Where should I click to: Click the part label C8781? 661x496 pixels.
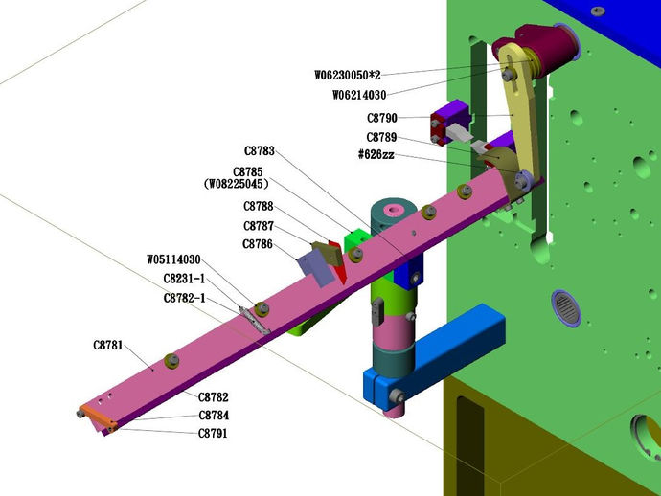[108, 346]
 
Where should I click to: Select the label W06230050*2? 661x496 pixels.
[348, 75]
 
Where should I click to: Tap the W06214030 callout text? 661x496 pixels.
[359, 95]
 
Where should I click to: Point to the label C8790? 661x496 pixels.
[382, 118]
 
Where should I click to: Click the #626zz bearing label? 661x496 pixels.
[376, 155]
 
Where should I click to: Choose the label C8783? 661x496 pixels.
[260, 151]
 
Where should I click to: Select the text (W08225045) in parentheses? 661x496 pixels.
[236, 184]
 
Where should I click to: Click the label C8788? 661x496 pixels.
[259, 207]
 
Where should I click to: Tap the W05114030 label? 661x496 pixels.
[173, 259]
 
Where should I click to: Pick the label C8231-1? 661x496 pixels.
[184, 279]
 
